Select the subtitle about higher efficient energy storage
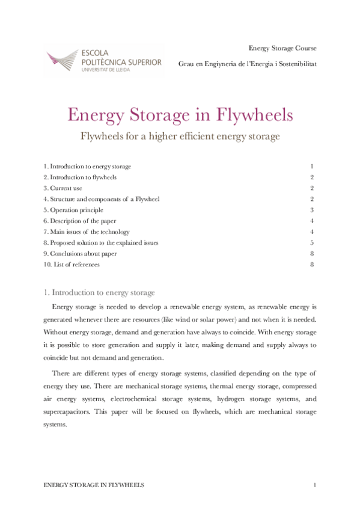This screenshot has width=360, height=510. point(180,137)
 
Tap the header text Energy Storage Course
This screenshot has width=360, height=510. point(282,48)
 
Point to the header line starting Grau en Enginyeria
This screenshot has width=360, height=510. point(247,63)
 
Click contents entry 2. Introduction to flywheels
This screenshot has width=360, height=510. point(80,177)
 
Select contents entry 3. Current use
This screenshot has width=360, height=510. point(63,188)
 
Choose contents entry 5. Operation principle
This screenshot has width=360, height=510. point(73,210)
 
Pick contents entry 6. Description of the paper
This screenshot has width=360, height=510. point(80,221)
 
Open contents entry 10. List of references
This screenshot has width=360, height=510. point(72,264)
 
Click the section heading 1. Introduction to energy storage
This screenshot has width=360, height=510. point(99,293)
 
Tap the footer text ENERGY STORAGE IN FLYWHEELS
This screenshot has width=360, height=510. point(94,484)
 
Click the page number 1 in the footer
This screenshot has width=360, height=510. point(314,484)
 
